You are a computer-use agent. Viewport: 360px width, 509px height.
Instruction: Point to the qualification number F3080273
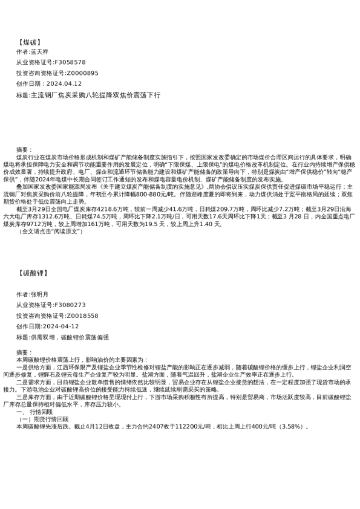pos(70,305)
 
